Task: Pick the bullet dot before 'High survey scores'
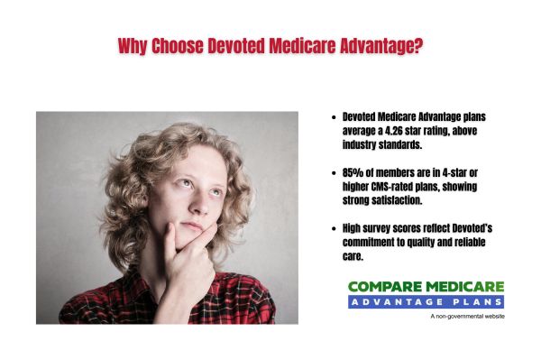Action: [x=335, y=230]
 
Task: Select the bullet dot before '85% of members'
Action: [x=335, y=173]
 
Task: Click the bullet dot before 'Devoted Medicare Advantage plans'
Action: [x=335, y=117]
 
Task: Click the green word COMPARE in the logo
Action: [x=384, y=287]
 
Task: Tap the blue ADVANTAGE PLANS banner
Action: [x=426, y=301]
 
